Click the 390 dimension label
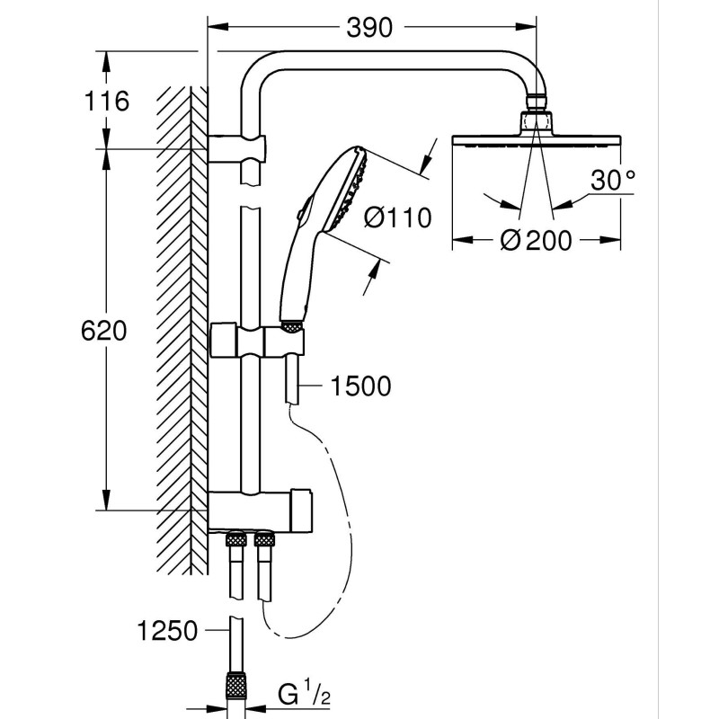pyautogui.click(x=369, y=28)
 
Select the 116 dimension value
pyautogui.click(x=106, y=101)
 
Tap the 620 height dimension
pyautogui.click(x=103, y=331)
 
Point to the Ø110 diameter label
pyautogui.click(x=397, y=217)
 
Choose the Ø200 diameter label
pyautogui.click(x=536, y=240)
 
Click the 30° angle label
pyautogui.click(x=613, y=181)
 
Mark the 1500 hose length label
pyautogui.click(x=360, y=386)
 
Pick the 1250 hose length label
pyautogui.click(x=167, y=631)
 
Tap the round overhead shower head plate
pyautogui.click(x=537, y=141)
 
